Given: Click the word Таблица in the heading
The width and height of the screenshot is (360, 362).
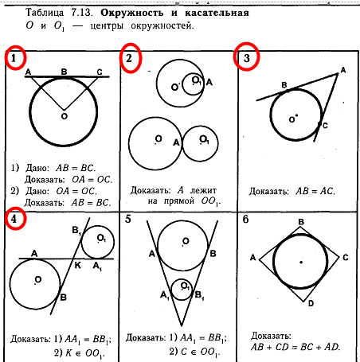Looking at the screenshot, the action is point(45,13).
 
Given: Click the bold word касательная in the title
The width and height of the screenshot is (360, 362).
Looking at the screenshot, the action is point(217,13).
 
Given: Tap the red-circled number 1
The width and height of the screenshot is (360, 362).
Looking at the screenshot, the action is point(14,58).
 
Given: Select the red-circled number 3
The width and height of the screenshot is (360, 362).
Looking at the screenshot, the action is point(247,58).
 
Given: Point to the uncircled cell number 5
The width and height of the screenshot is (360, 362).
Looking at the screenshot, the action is point(128,220).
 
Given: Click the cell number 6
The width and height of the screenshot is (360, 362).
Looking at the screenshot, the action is point(245,220).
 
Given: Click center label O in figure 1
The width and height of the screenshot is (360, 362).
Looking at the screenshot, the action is point(65,116).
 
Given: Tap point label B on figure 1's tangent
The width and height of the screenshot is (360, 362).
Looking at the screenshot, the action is point(64,72).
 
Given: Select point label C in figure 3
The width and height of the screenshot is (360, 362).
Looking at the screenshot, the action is point(325,126).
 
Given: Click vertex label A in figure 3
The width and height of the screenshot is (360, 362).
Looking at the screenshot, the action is point(343,70).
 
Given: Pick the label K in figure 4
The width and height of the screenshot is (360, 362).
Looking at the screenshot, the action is point(77,265).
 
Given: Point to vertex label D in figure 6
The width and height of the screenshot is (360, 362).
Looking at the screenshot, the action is point(311,303).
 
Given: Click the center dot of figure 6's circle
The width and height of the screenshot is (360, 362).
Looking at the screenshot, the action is point(301,263).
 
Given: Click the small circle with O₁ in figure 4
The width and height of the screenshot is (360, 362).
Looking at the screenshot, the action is point(82,242).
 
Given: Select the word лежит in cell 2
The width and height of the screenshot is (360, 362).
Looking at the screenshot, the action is point(203,190).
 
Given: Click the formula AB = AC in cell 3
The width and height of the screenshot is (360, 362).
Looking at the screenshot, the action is point(315,191).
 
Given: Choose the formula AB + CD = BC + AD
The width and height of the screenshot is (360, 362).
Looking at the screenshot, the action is point(295,347).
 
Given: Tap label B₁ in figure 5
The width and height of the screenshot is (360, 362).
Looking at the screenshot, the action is point(199,295).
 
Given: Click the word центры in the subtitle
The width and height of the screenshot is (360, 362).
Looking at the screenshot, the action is point(107,26).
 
